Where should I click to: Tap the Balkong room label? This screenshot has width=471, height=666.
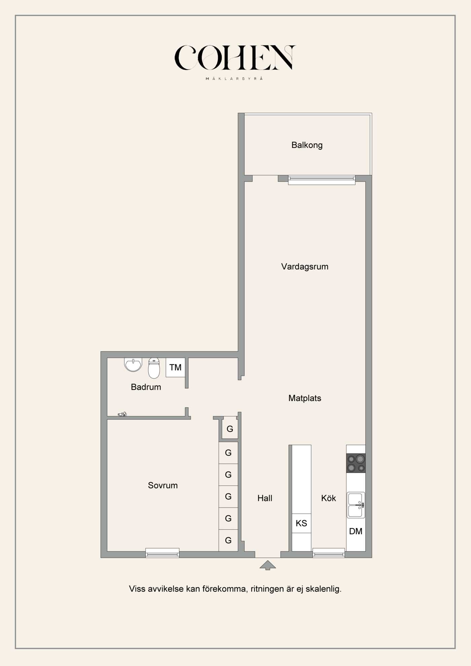[307, 145]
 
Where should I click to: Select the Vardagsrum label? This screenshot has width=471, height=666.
[305, 267]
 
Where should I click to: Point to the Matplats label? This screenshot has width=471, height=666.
[305, 398]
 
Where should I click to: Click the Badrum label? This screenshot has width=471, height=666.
[146, 387]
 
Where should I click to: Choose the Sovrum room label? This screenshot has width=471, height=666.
[163, 485]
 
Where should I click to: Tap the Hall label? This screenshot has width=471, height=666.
[265, 498]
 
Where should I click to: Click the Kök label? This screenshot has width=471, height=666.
[328, 498]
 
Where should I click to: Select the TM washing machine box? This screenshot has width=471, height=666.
[175, 367]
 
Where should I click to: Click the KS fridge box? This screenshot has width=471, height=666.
[301, 523]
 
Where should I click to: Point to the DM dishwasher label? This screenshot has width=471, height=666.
[356, 531]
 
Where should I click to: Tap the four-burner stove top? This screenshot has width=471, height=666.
[356, 463]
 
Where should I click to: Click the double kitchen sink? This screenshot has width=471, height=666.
[356, 505]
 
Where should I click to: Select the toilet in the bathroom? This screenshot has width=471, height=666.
[154, 368]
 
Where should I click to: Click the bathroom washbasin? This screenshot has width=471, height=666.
[133, 365]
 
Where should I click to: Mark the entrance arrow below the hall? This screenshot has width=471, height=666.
[268, 565]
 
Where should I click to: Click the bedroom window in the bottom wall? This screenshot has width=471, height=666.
[162, 553]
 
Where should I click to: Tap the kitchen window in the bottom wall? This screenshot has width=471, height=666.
[329, 553]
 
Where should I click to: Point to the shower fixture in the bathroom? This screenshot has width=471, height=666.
[122, 414]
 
